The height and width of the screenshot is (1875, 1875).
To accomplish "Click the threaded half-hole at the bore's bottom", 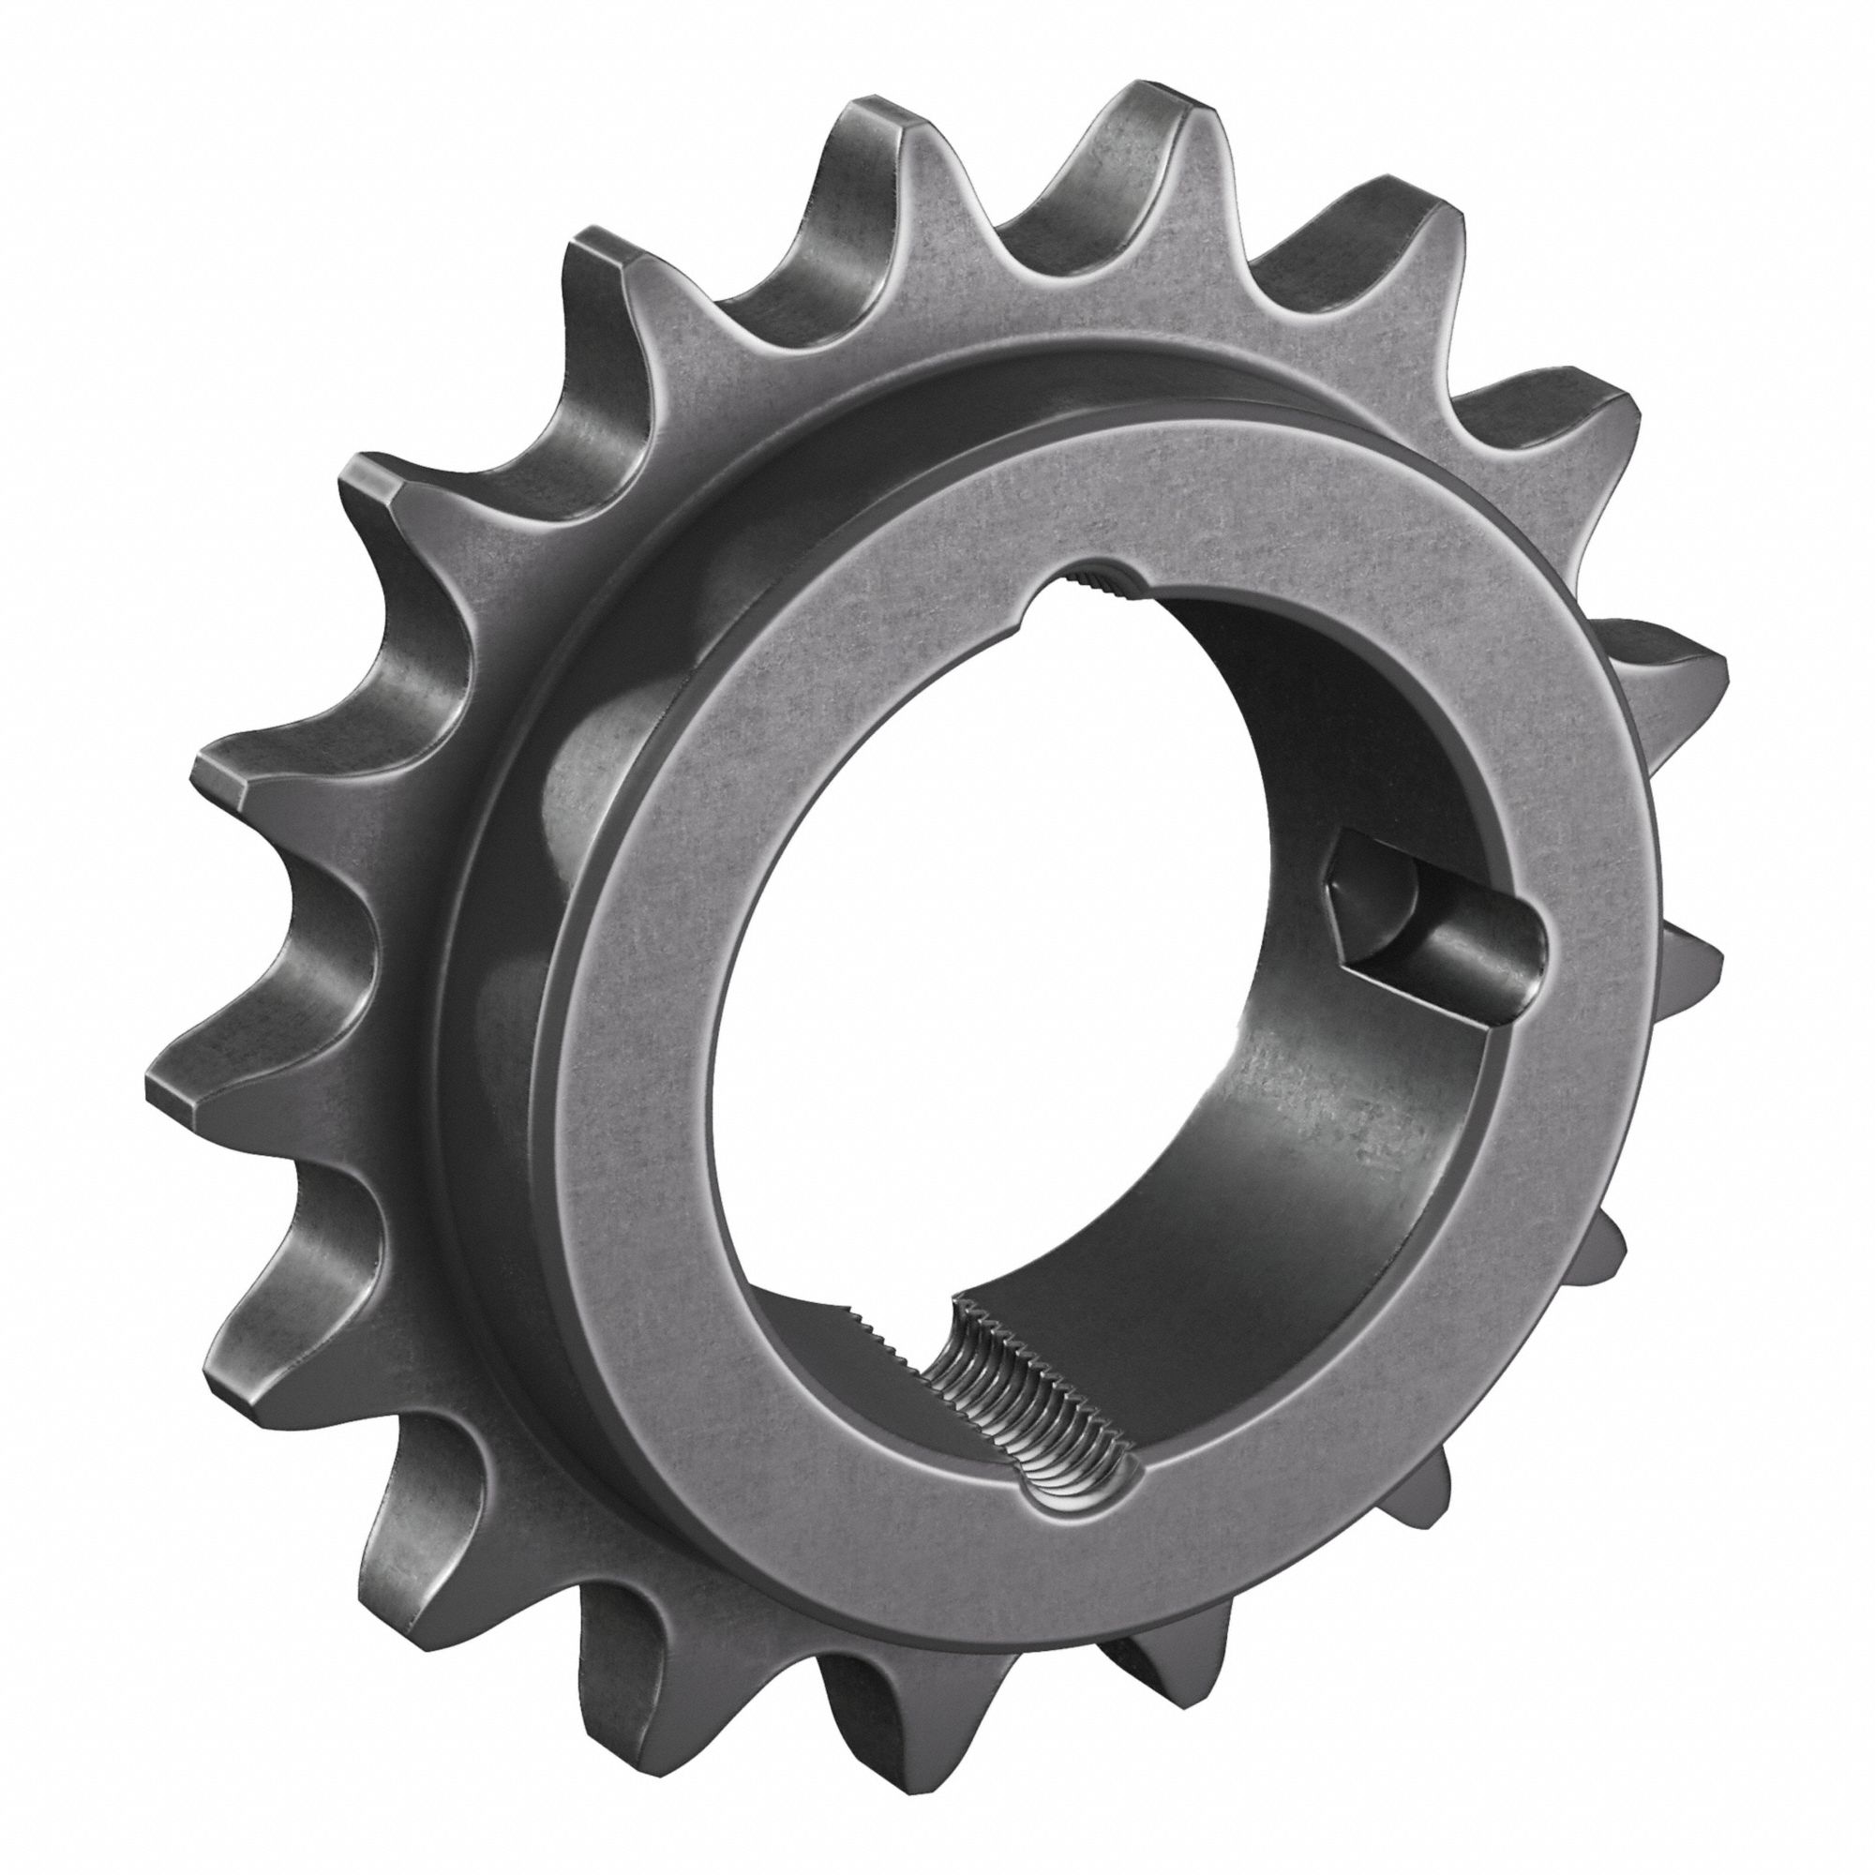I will pyautogui.click(x=1028, y=1378).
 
